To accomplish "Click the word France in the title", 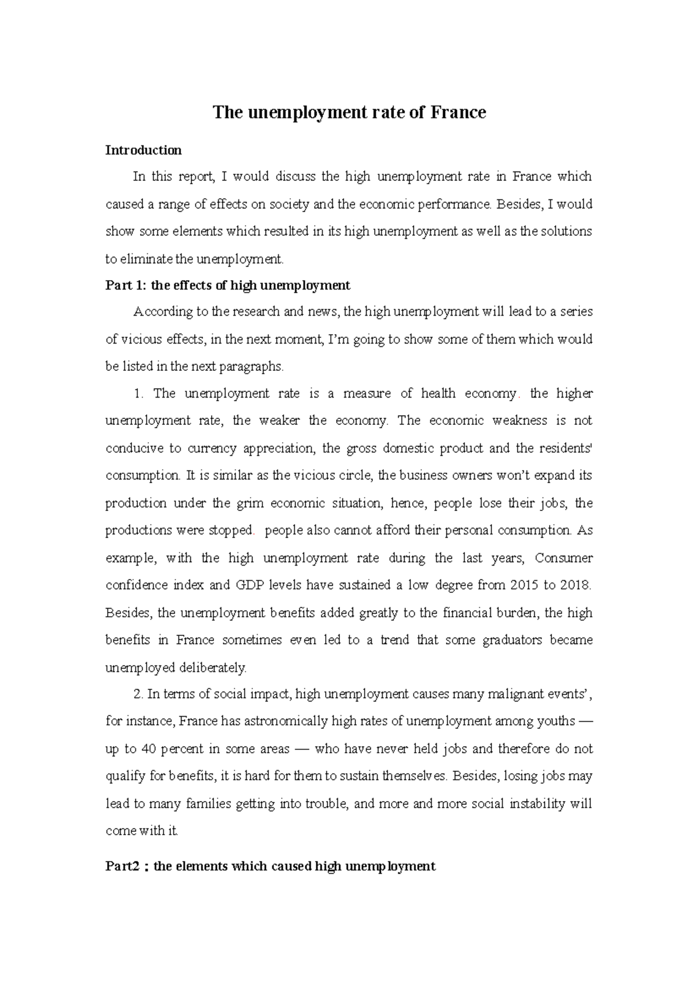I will pos(458,112).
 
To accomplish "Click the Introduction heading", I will pos(143,150).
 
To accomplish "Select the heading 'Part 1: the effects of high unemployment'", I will pos(227,285).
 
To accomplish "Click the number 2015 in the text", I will pos(524,585).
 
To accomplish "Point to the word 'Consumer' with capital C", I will pos(564,558).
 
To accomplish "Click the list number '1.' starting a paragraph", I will pos(138,394).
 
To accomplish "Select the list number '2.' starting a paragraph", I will pos(138,693).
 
